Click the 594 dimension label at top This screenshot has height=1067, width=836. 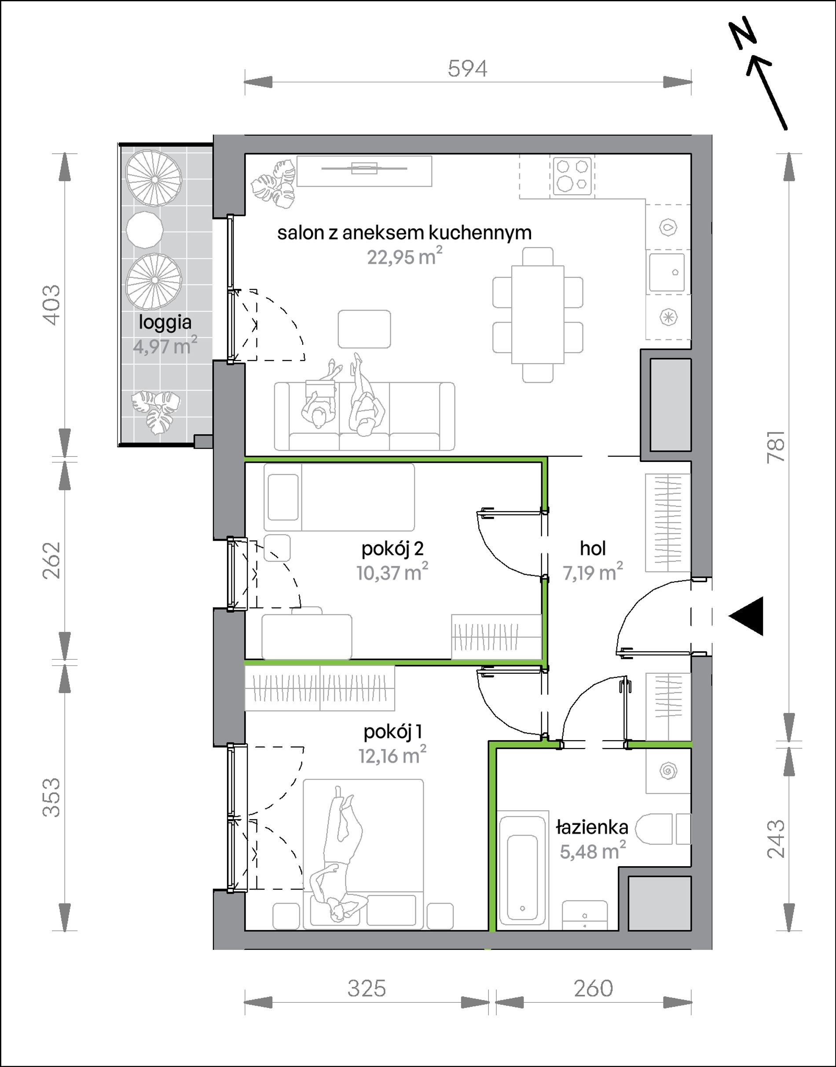pyautogui.click(x=467, y=69)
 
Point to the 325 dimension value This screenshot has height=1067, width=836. pyautogui.click(x=367, y=989)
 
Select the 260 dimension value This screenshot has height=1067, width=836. pyautogui.click(x=593, y=989)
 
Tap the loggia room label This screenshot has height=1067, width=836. pyautogui.click(x=165, y=322)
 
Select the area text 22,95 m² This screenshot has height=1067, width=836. pyautogui.click(x=405, y=256)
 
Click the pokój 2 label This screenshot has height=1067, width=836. pyautogui.click(x=392, y=549)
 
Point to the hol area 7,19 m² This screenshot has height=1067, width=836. pyautogui.click(x=593, y=572)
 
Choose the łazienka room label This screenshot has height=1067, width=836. pyautogui.click(x=592, y=827)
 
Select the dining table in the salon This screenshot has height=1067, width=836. pyautogui.click(x=537, y=314)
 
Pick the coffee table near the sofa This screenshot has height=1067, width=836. pyautogui.click(x=364, y=329)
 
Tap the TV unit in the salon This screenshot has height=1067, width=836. pyautogui.click(x=364, y=171)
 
